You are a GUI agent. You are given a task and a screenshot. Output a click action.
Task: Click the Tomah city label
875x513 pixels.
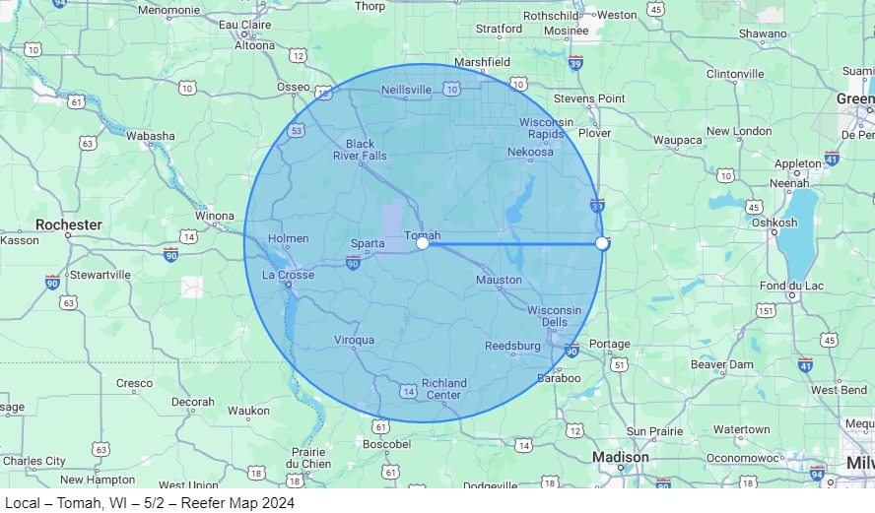tap(422, 234)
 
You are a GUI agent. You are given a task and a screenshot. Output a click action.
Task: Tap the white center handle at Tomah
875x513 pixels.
tap(423, 243)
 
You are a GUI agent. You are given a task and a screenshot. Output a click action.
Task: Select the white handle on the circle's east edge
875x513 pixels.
tap(602, 243)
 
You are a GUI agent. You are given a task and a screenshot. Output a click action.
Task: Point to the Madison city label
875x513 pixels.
tap(621, 457)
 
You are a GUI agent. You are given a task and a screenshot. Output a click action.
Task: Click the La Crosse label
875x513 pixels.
tap(289, 275)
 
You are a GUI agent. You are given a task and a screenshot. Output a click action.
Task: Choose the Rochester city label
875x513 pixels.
tap(69, 224)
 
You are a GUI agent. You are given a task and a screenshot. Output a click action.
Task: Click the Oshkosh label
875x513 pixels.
tap(774, 223)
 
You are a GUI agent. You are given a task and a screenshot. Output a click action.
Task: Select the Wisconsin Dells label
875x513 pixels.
tap(554, 316)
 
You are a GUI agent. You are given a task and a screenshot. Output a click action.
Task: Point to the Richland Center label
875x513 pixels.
tap(442, 389)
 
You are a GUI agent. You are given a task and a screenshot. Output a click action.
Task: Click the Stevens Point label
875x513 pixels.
tap(589, 98)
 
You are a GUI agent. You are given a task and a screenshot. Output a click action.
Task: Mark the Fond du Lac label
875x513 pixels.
tap(786, 286)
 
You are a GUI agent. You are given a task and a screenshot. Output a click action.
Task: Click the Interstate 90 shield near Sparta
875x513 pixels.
tap(353, 263)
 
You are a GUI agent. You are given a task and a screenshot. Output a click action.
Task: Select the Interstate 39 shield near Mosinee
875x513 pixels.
tap(575, 63)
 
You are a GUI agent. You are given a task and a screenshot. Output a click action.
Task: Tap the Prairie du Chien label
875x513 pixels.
tap(308, 458)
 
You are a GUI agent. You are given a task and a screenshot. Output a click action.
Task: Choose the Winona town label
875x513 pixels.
tap(216, 216)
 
